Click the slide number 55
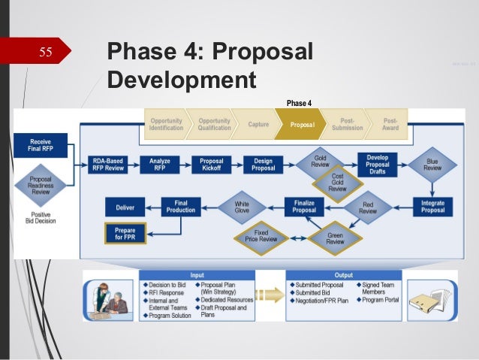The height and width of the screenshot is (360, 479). click(45, 53)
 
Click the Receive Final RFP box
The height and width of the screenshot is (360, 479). click(40, 145)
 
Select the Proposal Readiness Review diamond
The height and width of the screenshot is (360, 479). click(41, 184)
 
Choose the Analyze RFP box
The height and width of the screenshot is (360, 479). click(160, 165)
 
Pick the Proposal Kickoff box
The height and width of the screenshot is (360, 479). click(212, 165)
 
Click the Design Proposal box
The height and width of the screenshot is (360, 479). click(263, 165)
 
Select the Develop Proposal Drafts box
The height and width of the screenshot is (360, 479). click(377, 164)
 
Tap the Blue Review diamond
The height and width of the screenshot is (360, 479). click(432, 164)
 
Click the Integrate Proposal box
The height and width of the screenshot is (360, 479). click(432, 205)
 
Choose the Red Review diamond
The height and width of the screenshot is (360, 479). click(367, 207)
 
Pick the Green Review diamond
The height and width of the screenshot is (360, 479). click(335, 238)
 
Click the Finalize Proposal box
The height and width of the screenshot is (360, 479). click(304, 206)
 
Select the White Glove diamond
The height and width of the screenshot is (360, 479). click(242, 205)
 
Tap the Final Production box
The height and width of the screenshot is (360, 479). click(182, 206)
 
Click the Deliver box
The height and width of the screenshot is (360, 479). click(125, 206)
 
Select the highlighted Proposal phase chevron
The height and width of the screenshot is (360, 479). click(300, 125)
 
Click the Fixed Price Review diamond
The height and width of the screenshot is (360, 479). click(261, 238)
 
